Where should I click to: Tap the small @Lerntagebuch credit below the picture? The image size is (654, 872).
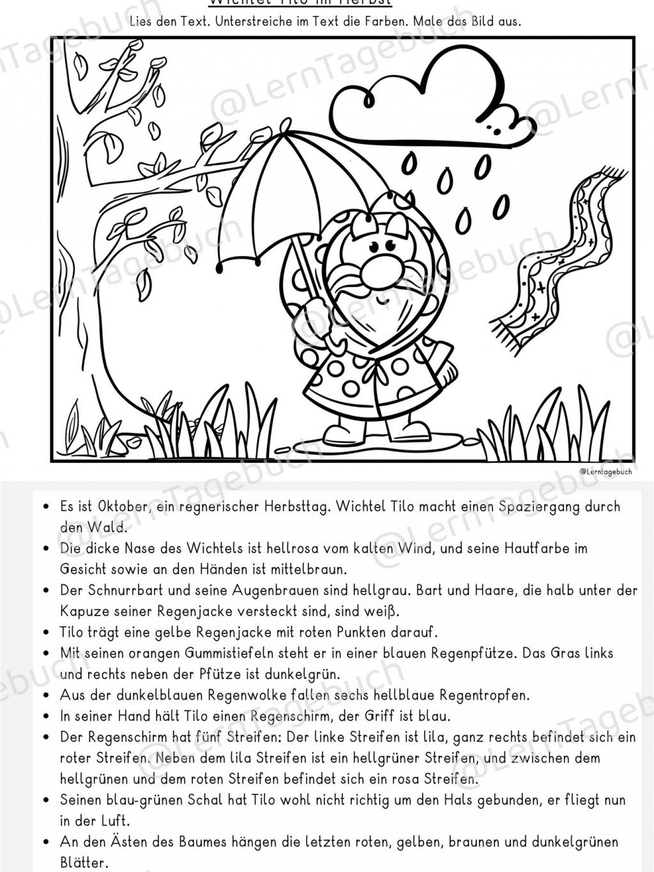605,472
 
